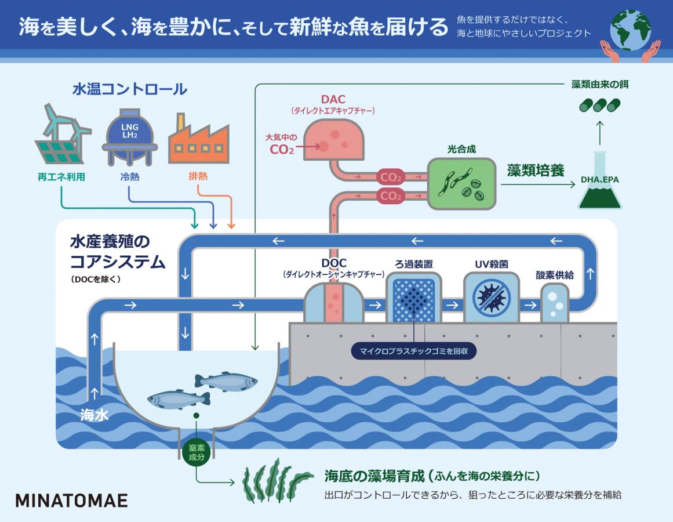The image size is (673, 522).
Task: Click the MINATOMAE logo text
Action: tap(71, 501)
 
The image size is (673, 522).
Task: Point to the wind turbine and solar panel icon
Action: tap(63, 135)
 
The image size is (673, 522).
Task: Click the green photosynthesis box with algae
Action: tap(462, 183)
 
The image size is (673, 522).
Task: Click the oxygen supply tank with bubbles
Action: tap(555, 302)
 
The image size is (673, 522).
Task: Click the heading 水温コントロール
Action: tap(129, 89)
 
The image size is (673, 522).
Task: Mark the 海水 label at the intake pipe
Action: tap(94, 415)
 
